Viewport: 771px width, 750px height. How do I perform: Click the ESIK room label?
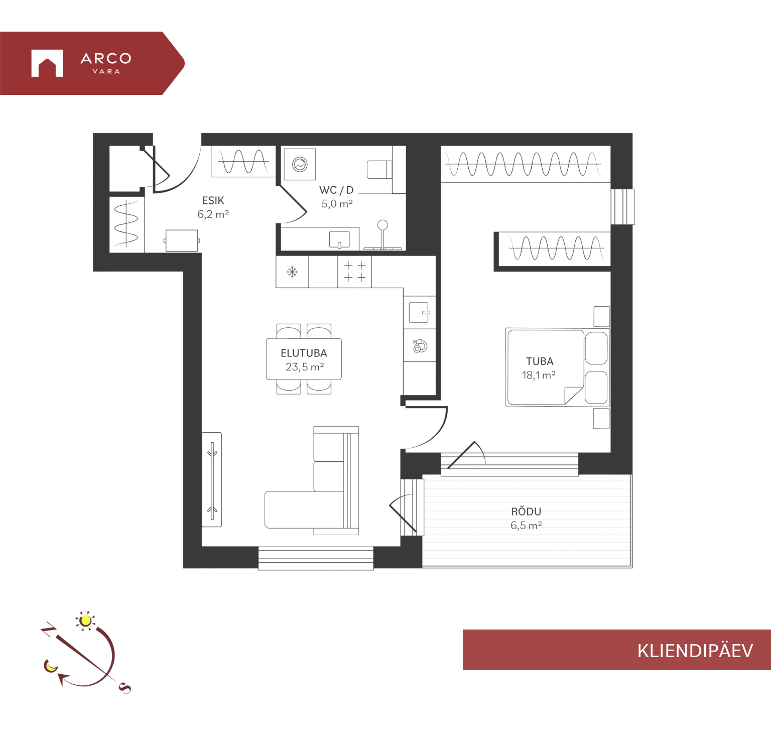pos(213,200)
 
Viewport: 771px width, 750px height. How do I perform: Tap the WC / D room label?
pos(336,190)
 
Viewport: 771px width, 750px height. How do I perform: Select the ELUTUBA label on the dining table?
pos(304,353)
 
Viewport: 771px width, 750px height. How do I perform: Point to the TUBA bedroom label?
pos(540,361)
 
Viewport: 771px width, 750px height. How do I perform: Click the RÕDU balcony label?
pos(526,511)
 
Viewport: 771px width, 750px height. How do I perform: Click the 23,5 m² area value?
pos(305,367)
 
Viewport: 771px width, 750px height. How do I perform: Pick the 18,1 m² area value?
pos(539,375)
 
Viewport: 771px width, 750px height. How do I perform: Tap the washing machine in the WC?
pos(300,164)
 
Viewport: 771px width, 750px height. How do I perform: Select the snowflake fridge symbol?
pos(292,272)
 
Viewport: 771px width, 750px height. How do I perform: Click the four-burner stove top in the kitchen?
pos(354,272)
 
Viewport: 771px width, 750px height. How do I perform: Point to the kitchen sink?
pos(419,312)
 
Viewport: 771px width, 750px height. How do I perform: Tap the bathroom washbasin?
pos(339,239)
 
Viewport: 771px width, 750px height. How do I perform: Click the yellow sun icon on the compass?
pos(86,621)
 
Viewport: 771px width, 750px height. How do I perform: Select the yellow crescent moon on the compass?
pos(51,666)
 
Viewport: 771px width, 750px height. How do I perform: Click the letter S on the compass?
pos(125,688)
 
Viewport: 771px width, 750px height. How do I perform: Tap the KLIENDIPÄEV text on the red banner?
pos(695,651)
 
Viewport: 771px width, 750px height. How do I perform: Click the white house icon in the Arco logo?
pos(47,63)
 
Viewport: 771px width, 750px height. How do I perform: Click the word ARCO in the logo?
pos(106,59)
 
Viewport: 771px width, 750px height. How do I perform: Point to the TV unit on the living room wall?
pos(212,479)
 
